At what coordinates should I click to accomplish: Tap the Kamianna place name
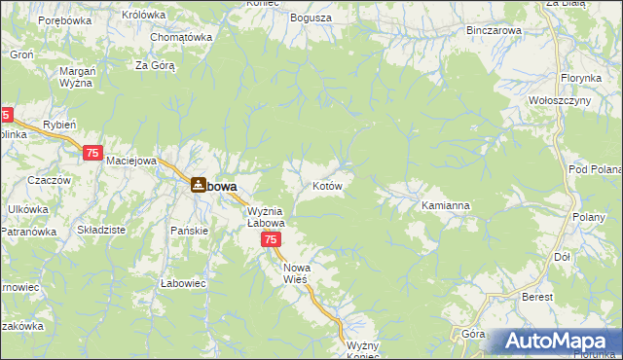(x=446, y=206)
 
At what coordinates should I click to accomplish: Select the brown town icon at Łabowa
(x=198, y=184)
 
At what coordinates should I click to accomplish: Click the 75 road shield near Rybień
(x=93, y=153)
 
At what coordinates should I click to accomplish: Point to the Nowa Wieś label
(x=295, y=272)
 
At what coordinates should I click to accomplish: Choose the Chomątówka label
(x=181, y=37)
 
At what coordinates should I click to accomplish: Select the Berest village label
(x=536, y=297)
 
